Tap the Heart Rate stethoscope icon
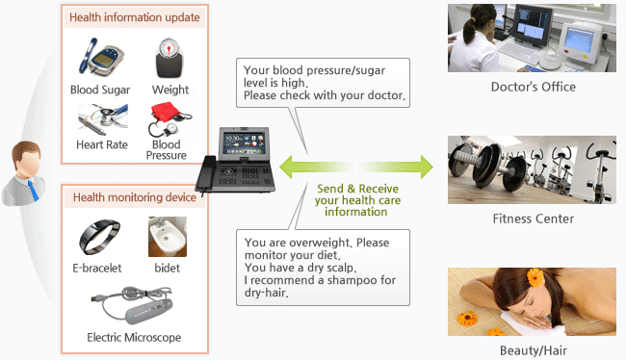100,121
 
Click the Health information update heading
135,17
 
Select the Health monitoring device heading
135,197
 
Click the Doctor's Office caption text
532,87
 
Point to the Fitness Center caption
532,219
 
